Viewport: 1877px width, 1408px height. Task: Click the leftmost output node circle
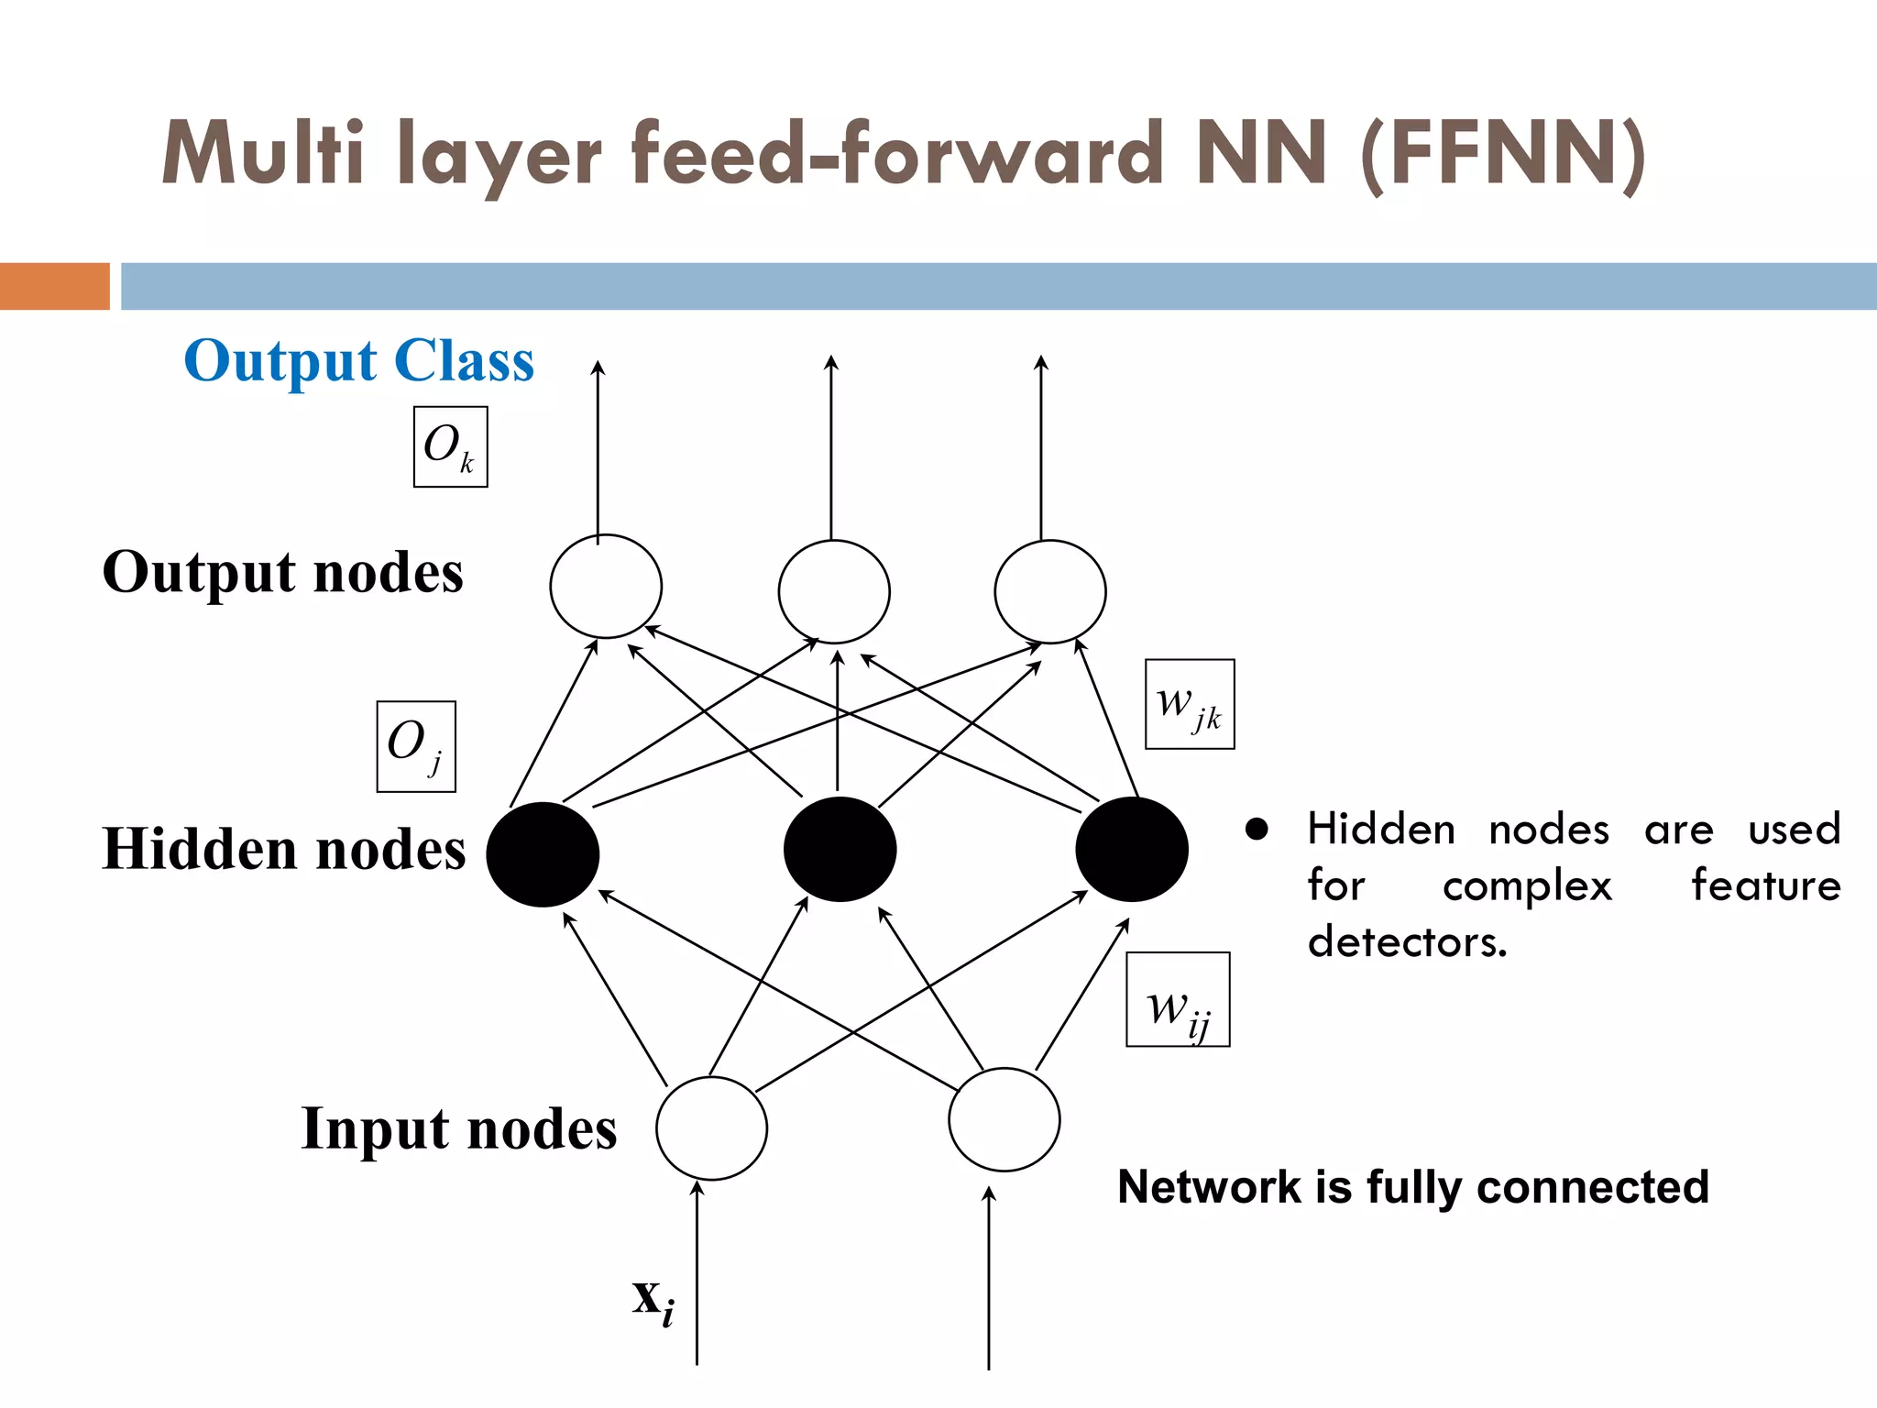pyautogui.click(x=606, y=587)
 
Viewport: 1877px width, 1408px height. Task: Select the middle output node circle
pyautogui.click(x=834, y=591)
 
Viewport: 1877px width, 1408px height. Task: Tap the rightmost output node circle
pyautogui.click(x=1050, y=591)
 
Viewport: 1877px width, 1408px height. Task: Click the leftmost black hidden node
pyautogui.click(x=543, y=854)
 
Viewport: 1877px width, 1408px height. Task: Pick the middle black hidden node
pyautogui.click(x=840, y=849)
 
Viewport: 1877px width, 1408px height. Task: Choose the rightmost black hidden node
pyautogui.click(x=1132, y=849)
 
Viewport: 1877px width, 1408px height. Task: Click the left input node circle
pyautogui.click(x=711, y=1128)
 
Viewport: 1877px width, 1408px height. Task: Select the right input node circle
pyautogui.click(x=1004, y=1119)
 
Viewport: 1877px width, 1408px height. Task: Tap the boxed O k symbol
pyautogui.click(x=450, y=447)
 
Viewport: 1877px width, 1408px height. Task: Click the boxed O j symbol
pyautogui.click(x=416, y=746)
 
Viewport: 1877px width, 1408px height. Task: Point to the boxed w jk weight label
pyautogui.click(x=1190, y=704)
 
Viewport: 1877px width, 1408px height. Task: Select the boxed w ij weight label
pyautogui.click(x=1178, y=1000)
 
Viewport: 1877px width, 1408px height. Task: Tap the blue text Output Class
pyautogui.click(x=358, y=361)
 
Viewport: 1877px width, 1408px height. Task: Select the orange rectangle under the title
pyautogui.click(x=55, y=286)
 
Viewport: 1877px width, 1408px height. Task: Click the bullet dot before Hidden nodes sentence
pyautogui.click(x=1257, y=830)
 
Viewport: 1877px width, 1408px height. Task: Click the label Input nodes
pyautogui.click(x=458, y=1128)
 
